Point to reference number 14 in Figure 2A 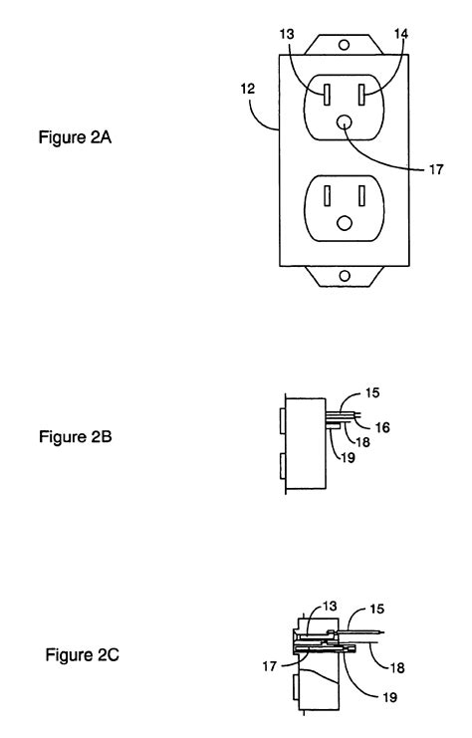click(x=401, y=34)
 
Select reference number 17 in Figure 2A click(x=435, y=169)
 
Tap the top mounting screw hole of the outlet click(x=345, y=45)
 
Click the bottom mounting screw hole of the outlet click(x=345, y=276)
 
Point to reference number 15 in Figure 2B click(x=372, y=392)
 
